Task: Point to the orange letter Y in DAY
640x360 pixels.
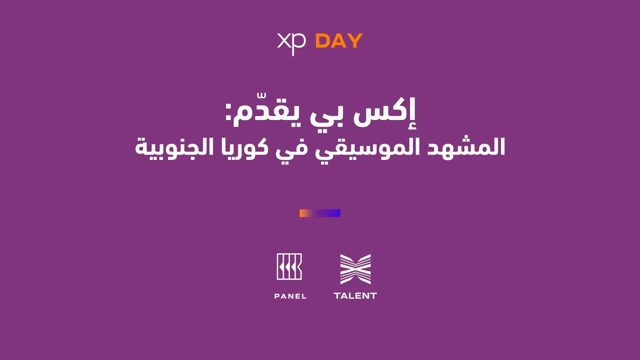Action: (x=355, y=41)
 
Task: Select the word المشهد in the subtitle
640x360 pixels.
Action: (x=466, y=147)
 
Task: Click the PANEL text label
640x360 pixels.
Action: (x=290, y=296)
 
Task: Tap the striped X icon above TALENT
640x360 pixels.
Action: (x=355, y=269)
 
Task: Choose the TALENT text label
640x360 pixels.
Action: (x=355, y=296)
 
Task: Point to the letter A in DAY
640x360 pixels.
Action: (x=338, y=41)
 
